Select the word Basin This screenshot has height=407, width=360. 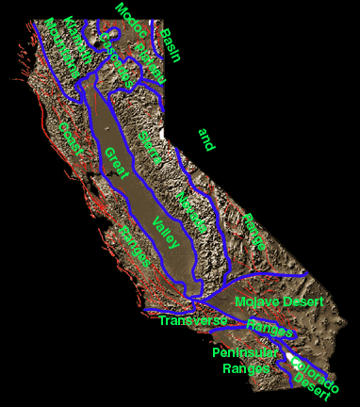tap(171, 46)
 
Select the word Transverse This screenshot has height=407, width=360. tap(193, 321)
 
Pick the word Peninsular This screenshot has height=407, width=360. tap(245, 352)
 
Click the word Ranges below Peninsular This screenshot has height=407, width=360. tap(246, 368)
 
